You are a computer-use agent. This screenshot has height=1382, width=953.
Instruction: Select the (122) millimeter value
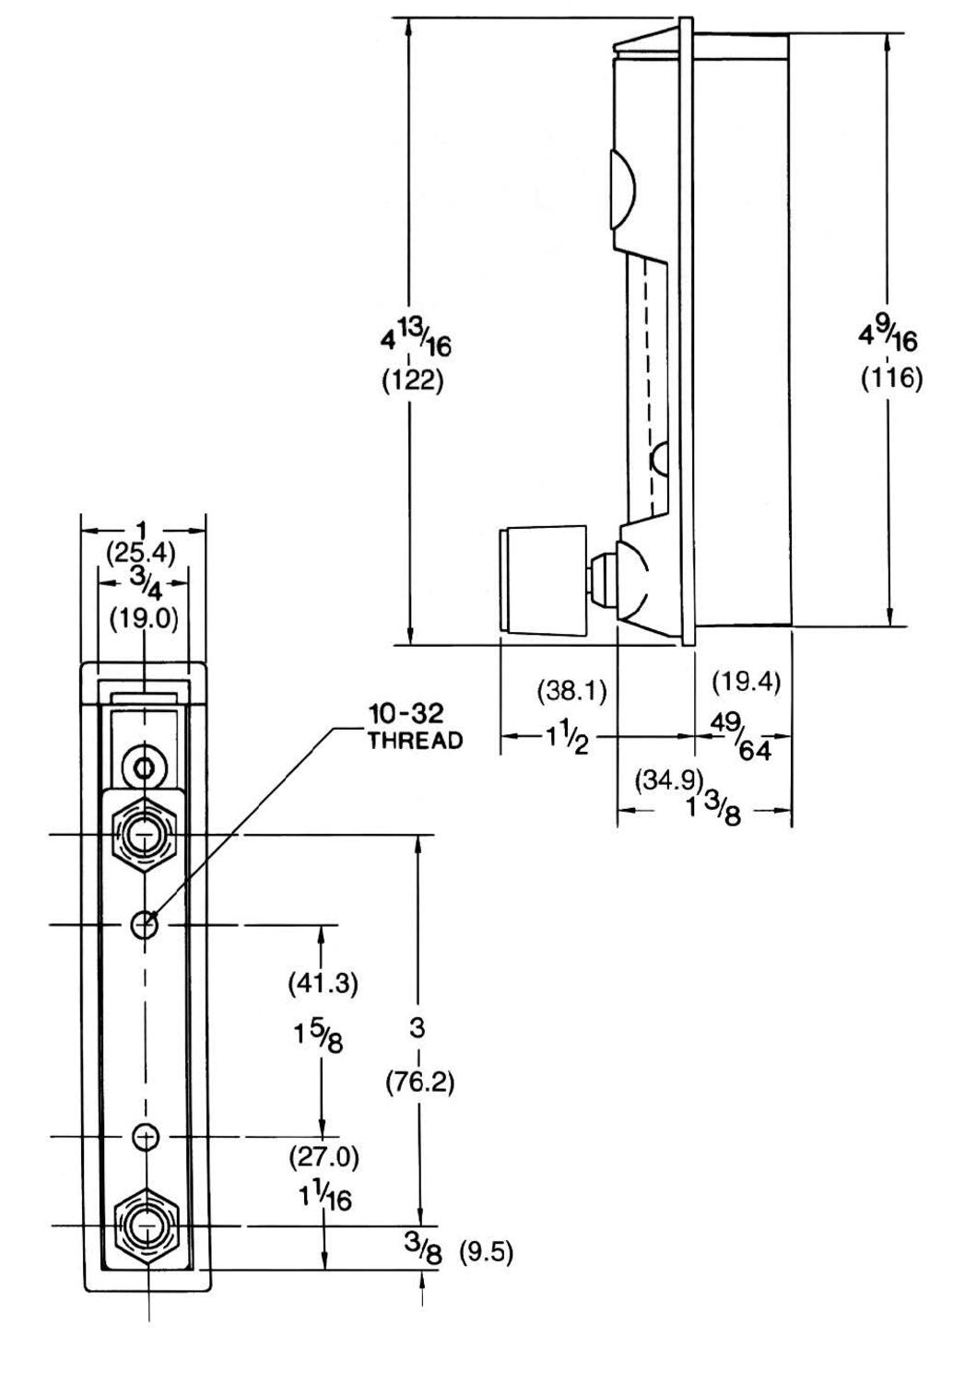pyautogui.click(x=413, y=381)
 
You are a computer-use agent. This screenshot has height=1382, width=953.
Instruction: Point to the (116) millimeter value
pyautogui.click(x=891, y=378)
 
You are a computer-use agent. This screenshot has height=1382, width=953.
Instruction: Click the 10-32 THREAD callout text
pyautogui.click(x=415, y=726)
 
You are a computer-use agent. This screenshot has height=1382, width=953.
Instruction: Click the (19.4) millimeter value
pyautogui.click(x=747, y=682)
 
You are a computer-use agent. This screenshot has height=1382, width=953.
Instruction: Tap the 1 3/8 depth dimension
pyautogui.click(x=714, y=809)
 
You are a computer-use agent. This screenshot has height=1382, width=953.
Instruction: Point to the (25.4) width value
pyautogui.click(x=141, y=553)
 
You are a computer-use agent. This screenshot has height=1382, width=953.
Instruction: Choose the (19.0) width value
pyautogui.click(x=144, y=617)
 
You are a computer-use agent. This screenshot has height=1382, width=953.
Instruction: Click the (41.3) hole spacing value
pyautogui.click(x=323, y=983)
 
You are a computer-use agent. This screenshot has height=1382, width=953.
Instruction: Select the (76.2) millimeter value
pyautogui.click(x=419, y=1082)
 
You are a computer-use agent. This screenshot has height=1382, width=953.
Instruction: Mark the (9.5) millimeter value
pyautogui.click(x=486, y=1253)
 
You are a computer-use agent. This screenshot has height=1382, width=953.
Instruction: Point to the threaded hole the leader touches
pyautogui.click(x=145, y=924)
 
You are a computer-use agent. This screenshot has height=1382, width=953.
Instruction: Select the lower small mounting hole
pyautogui.click(x=145, y=1137)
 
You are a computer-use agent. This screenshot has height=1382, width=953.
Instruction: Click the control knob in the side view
pyautogui.click(x=543, y=580)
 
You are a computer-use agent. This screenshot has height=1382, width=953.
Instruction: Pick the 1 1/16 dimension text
pyautogui.click(x=324, y=1196)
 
